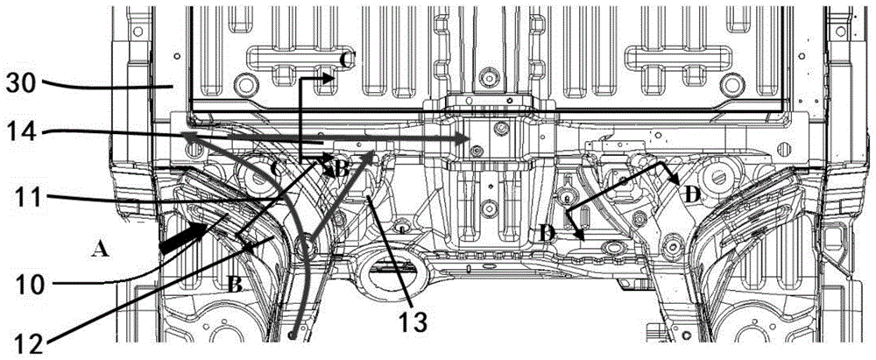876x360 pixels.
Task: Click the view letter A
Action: (101, 251)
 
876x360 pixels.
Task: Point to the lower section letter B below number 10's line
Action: (235, 285)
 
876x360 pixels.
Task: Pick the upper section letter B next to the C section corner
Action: (343, 170)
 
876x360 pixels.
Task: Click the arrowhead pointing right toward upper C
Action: (329, 78)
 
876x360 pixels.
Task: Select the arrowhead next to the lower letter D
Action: (579, 234)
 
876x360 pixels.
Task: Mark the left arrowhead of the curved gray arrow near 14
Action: (187, 136)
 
